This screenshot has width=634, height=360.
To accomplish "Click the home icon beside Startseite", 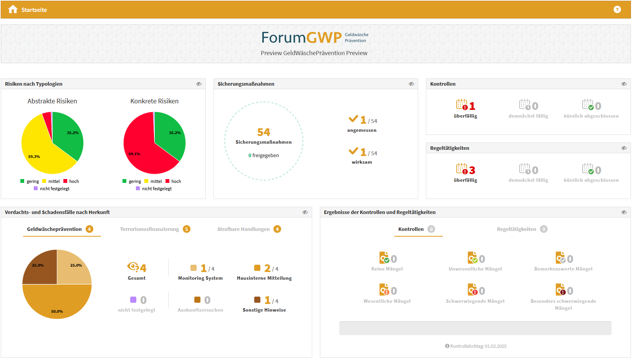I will pyautogui.click(x=13, y=10).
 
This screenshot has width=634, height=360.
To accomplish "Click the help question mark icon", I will pyautogui.click(x=617, y=10).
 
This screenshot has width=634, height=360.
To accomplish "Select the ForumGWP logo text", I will pyautogui.click(x=301, y=38).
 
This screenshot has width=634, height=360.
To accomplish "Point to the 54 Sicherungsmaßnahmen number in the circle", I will pyautogui.click(x=263, y=132).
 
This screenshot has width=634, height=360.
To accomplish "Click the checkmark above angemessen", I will pyautogui.click(x=353, y=119).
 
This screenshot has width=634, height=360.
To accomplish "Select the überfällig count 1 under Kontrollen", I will pyautogui.click(x=472, y=106).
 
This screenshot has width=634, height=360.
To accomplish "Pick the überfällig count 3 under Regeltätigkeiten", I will pyautogui.click(x=472, y=170).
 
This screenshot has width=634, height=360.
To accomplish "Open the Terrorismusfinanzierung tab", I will pyautogui.click(x=149, y=229).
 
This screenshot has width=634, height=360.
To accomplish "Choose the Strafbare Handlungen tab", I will pyautogui.click(x=243, y=229).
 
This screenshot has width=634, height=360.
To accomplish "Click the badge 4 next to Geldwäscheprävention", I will pyautogui.click(x=89, y=229).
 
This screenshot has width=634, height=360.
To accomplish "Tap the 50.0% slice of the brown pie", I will pyautogui.click(x=57, y=304).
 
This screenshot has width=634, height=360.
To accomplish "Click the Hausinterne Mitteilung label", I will pyautogui.click(x=264, y=278).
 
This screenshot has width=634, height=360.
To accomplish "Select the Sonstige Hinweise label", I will pyautogui.click(x=264, y=310).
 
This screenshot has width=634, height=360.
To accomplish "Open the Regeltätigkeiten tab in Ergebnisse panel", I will pyautogui.click(x=516, y=229).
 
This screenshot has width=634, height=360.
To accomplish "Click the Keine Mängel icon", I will pyautogui.click(x=384, y=258).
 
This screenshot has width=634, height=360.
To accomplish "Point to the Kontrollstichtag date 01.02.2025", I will pyautogui.click(x=495, y=346).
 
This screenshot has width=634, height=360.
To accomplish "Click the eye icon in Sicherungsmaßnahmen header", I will pyautogui.click(x=411, y=84).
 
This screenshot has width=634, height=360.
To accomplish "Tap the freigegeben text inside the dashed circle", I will pyautogui.click(x=265, y=156).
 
